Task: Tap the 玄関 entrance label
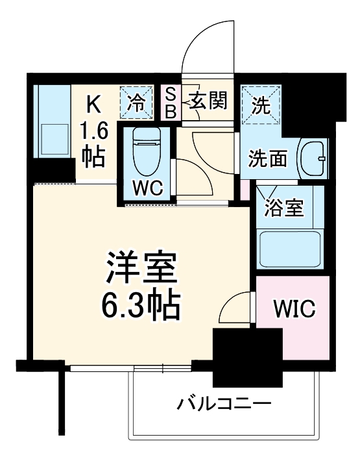(x=208, y=101)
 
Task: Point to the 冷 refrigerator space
(x=137, y=102)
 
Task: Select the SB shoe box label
(x=170, y=103)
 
